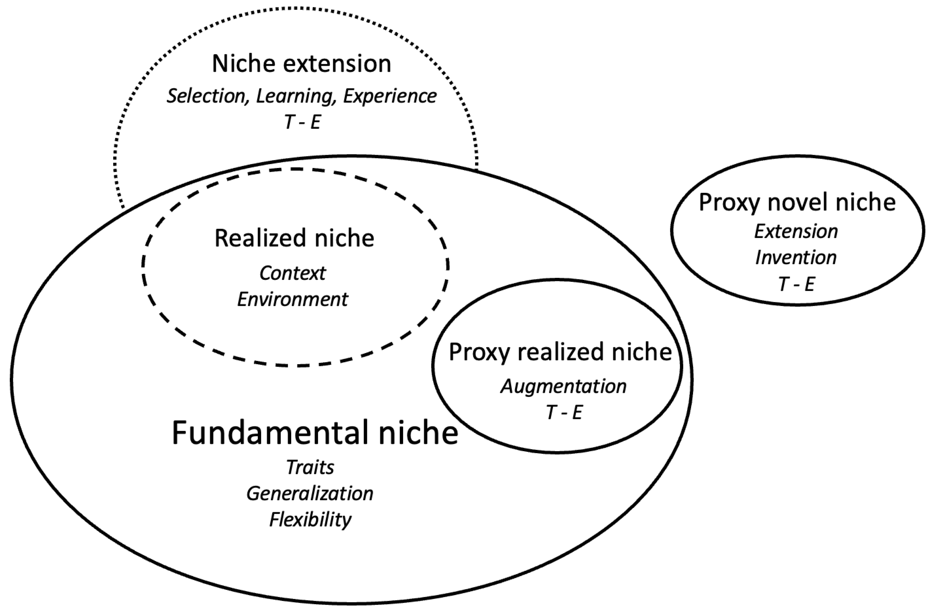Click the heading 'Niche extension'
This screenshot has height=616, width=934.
[302, 64]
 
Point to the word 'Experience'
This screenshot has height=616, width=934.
[389, 96]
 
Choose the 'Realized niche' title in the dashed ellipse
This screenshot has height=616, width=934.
[294, 238]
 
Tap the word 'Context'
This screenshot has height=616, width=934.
[292, 273]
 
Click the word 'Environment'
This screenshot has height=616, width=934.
[292, 299]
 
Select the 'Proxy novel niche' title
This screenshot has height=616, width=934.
[797, 203]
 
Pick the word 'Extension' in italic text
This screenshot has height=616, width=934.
[796, 231]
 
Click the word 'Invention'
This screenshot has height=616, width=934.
[796, 258]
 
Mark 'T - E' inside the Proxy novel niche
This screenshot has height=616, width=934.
[797, 284]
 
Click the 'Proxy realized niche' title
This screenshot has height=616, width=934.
[560, 352]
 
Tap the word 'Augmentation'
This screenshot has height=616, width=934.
[563, 387]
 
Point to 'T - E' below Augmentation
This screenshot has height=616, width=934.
[564, 412]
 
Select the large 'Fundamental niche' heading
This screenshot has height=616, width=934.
[315, 433]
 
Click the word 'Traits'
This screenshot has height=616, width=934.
[310, 467]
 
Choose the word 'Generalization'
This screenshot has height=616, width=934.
[310, 494]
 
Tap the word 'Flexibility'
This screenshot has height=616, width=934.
[310, 520]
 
